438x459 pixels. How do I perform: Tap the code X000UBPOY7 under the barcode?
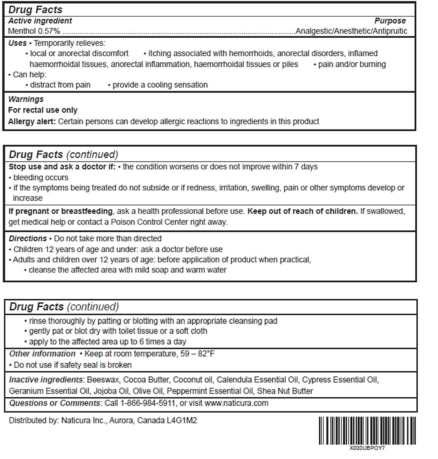[x=367, y=448]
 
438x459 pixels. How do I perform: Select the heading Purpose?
[x=390, y=21]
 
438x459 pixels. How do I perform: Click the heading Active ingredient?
[x=40, y=21]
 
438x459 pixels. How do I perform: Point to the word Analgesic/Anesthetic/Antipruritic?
[x=351, y=31]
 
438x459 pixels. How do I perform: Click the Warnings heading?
[x=26, y=99]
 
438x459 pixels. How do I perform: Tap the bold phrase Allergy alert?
[x=32, y=121]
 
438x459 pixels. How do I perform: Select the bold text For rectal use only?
[x=43, y=110]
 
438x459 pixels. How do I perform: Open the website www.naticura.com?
[x=236, y=403]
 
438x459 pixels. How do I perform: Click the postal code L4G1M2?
[x=182, y=420]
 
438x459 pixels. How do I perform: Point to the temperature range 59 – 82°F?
[x=198, y=354]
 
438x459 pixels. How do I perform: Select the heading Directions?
[x=28, y=238]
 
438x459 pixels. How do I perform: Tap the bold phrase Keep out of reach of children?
[x=303, y=211]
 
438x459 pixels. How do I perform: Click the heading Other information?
[x=42, y=354]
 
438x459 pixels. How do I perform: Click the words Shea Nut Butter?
[x=285, y=391]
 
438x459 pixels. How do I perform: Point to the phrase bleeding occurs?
[x=41, y=177]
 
